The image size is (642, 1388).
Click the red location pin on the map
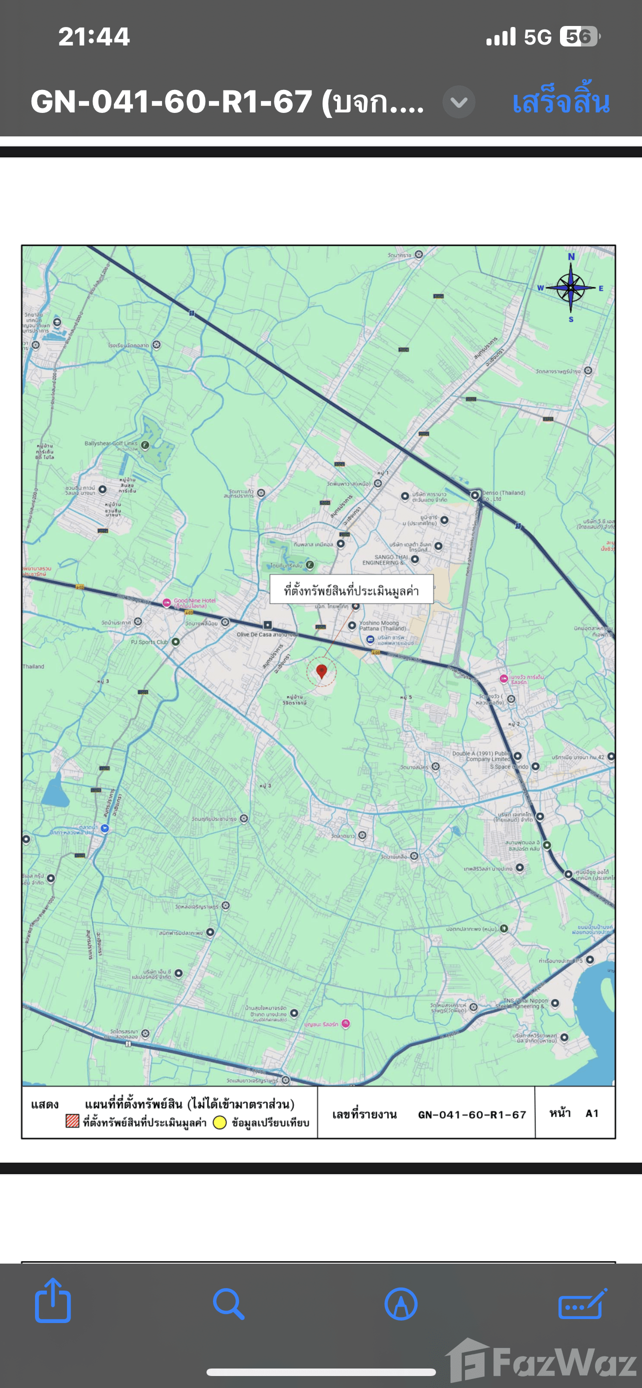[x=322, y=671]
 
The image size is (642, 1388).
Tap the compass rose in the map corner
[x=571, y=288]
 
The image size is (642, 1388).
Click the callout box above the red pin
[x=351, y=590]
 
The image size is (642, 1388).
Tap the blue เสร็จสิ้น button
[x=560, y=102]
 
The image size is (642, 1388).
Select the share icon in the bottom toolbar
[x=53, y=1303]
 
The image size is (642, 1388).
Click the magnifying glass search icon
[x=228, y=1304]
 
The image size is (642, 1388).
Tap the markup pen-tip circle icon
[x=401, y=1304]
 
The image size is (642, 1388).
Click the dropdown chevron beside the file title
[x=458, y=102]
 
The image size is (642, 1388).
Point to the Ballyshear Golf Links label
[x=111, y=444]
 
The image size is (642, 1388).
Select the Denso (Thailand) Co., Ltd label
[x=503, y=495]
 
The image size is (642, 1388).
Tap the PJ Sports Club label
[x=149, y=642]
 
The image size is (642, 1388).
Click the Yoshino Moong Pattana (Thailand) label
[x=382, y=626]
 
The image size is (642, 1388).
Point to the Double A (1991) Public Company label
[x=481, y=756]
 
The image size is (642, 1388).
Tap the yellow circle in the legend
[x=219, y=1123]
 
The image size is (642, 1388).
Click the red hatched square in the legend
[x=72, y=1121]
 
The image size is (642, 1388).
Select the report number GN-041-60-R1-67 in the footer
[x=471, y=1114]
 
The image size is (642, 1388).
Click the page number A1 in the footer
[x=591, y=1113]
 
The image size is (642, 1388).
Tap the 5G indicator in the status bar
[x=537, y=36]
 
